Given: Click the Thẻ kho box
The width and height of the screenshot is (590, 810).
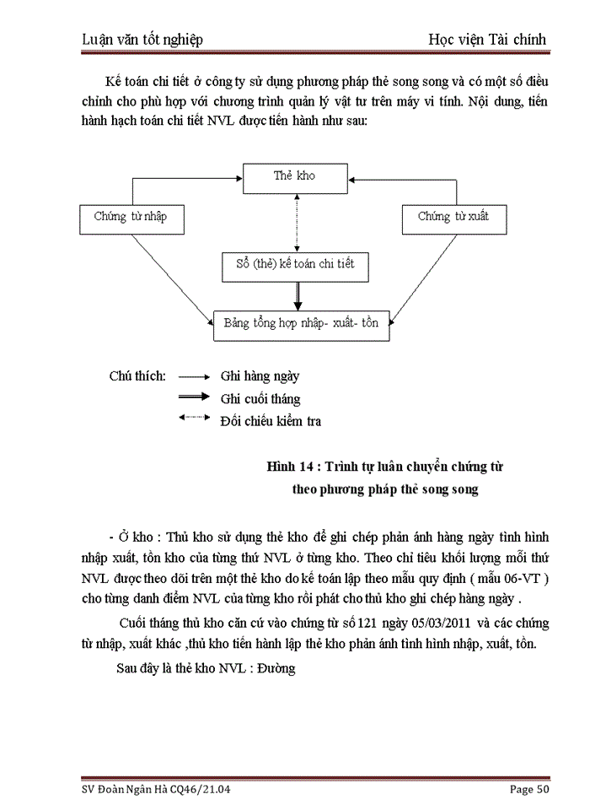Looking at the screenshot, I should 294,176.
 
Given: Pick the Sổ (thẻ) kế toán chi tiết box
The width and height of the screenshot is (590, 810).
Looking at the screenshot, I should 295,264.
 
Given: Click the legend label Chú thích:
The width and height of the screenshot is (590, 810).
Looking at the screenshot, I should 137,377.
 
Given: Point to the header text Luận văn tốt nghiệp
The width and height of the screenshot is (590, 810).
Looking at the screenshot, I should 143,40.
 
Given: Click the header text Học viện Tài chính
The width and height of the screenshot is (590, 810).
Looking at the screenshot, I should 488,40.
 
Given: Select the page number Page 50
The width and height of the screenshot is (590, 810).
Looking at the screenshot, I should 530,790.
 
